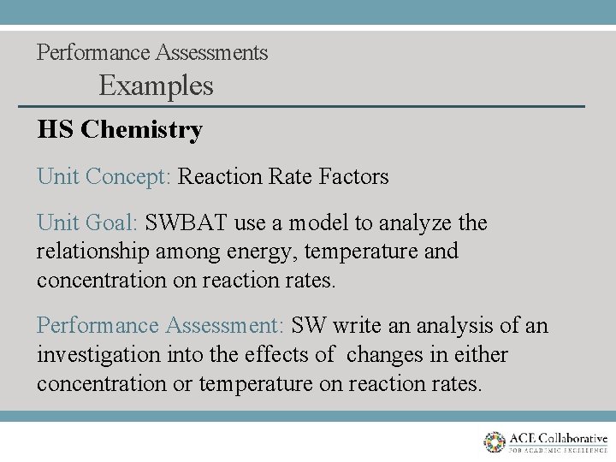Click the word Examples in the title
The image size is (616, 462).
pos(156,86)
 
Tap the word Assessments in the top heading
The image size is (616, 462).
pos(211,52)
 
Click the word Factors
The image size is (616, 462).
pos(353,177)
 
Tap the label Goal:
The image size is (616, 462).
pos(110,223)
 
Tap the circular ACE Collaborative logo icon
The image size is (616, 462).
pos(495,442)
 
